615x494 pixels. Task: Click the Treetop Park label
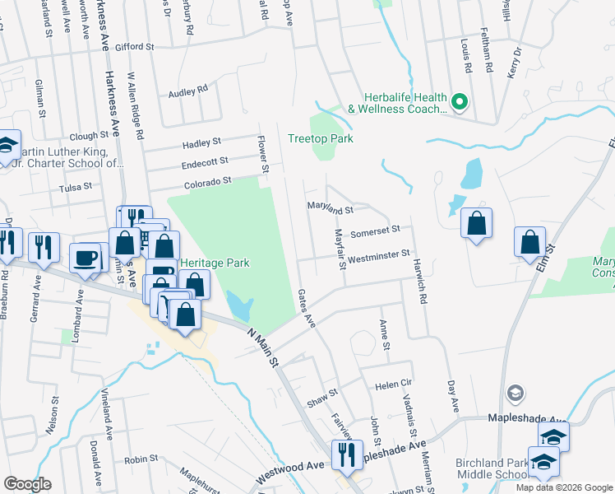321,138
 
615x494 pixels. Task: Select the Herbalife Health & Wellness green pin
460,103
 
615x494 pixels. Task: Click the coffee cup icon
86,258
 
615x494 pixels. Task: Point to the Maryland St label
330,210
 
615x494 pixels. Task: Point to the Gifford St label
135,48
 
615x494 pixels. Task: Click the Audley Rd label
188,92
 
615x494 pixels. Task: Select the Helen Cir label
393,384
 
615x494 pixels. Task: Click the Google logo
27,484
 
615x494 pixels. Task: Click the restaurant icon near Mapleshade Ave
346,454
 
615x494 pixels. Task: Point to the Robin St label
141,459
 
